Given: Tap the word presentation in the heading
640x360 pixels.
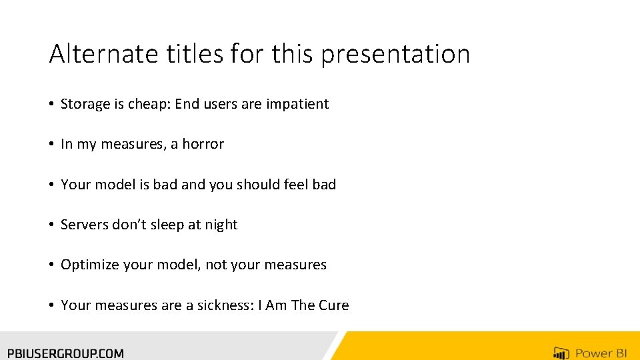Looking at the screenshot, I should pos(395,55).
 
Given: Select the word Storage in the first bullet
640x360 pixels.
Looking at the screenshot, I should pos(85,104).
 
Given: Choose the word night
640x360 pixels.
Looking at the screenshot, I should pos(221,225).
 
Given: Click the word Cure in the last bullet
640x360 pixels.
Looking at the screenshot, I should pos(334,305).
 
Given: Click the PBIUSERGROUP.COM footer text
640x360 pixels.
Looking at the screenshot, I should pos(65,353).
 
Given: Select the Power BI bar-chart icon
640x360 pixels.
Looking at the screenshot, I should pos(561,353).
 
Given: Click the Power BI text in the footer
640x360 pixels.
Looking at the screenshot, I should pos(601,353).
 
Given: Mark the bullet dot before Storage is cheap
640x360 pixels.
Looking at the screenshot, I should pos(51,105).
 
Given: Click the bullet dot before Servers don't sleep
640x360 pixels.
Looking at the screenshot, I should pos(51,225).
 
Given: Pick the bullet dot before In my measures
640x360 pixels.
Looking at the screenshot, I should pos(51,145).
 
